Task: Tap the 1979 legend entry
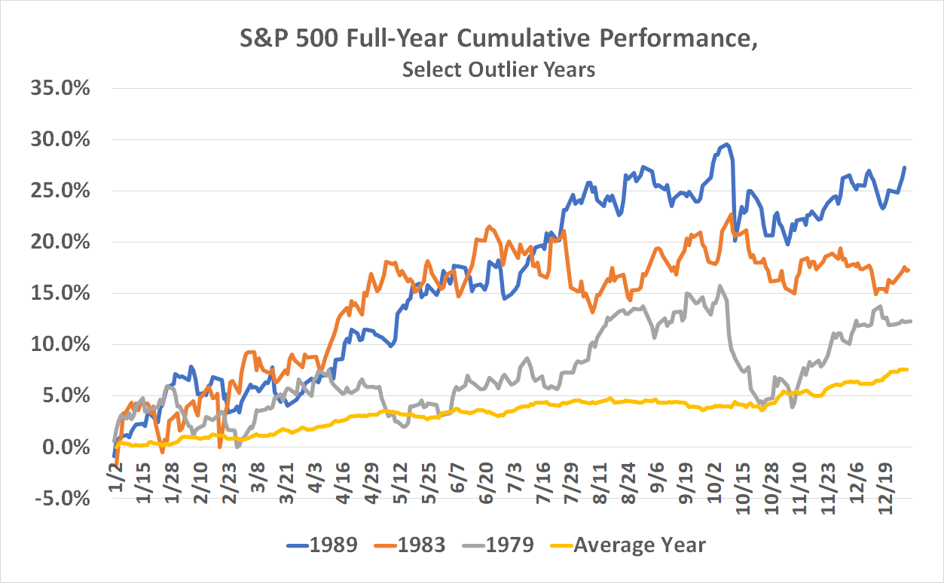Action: [x=510, y=545]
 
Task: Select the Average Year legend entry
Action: [x=639, y=545]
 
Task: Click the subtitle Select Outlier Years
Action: [x=499, y=69]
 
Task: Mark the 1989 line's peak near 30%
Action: [x=726, y=145]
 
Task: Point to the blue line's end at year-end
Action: [x=904, y=167]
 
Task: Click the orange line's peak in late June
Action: [x=489, y=226]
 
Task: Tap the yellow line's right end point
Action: [x=907, y=369]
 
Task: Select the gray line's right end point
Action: [x=910, y=321]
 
